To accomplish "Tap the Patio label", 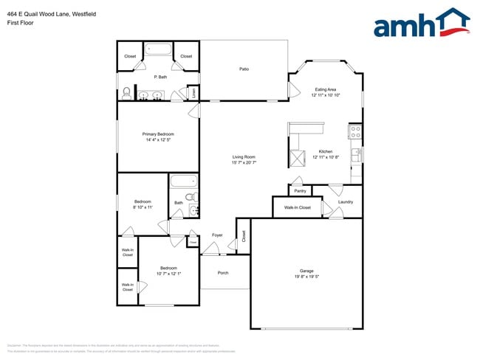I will pos(244,69).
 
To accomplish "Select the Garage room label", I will pos(306,271).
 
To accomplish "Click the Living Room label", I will pos(244,156).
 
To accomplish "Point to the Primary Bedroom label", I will pos(158,134).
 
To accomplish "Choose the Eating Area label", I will pos(325,89).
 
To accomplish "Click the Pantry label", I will pos(300,191).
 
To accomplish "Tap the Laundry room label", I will pos(345,201).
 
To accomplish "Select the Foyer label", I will pos(217,235).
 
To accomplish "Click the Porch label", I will pos(223,273).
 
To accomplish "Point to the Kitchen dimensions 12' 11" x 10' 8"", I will pos(326,157).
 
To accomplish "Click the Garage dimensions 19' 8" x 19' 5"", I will pos(306,277).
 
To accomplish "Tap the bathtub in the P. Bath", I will pos(157,51).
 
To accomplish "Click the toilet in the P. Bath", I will pos(126,93).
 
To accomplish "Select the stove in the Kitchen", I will pos(355,132).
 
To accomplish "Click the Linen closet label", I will pos(193,93).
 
